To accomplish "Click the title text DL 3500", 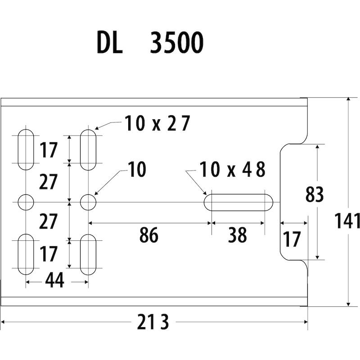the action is [x=150, y=43].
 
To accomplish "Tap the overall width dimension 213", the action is [x=153, y=322].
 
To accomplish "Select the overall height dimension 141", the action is [x=347, y=221].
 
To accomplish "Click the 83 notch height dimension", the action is [x=315, y=194].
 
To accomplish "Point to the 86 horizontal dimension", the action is [x=149, y=234].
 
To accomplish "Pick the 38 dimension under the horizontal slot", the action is [x=238, y=234].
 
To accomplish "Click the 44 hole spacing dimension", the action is [x=54, y=280].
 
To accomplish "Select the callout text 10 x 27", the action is [x=157, y=123].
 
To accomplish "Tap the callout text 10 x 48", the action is [x=233, y=170].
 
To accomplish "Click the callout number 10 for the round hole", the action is [x=137, y=169].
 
